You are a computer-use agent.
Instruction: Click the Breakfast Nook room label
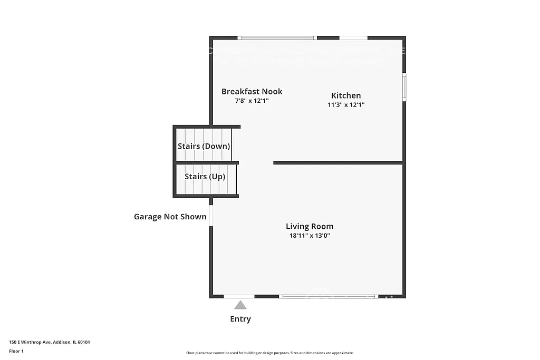pos(252,91)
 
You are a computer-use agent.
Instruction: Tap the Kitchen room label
pos(346,95)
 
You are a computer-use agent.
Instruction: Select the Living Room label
pos(310,227)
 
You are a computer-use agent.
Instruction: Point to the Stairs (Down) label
pos(204,146)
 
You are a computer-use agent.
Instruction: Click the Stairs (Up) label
pos(205,177)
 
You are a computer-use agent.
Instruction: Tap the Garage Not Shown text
pos(170,217)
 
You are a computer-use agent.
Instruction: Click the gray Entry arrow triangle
pos(240,305)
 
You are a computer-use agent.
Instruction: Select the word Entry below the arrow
pos(240,319)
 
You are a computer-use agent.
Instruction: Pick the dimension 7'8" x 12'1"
pos(252,100)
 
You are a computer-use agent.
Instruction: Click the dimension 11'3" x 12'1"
pos(346,104)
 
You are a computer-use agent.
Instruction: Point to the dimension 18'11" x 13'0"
pos(310,236)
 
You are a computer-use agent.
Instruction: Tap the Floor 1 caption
pos(16,351)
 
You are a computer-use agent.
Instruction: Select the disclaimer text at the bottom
pos(269,353)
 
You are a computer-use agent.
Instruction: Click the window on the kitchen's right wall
pos(404,87)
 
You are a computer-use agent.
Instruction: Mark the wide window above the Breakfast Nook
pos(276,38)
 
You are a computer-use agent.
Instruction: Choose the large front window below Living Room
pos(329,297)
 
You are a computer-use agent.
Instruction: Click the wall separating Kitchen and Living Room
pos(337,163)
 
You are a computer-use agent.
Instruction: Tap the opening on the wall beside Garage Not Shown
pos(211,216)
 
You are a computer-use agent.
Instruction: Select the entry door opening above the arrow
pos(239,297)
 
